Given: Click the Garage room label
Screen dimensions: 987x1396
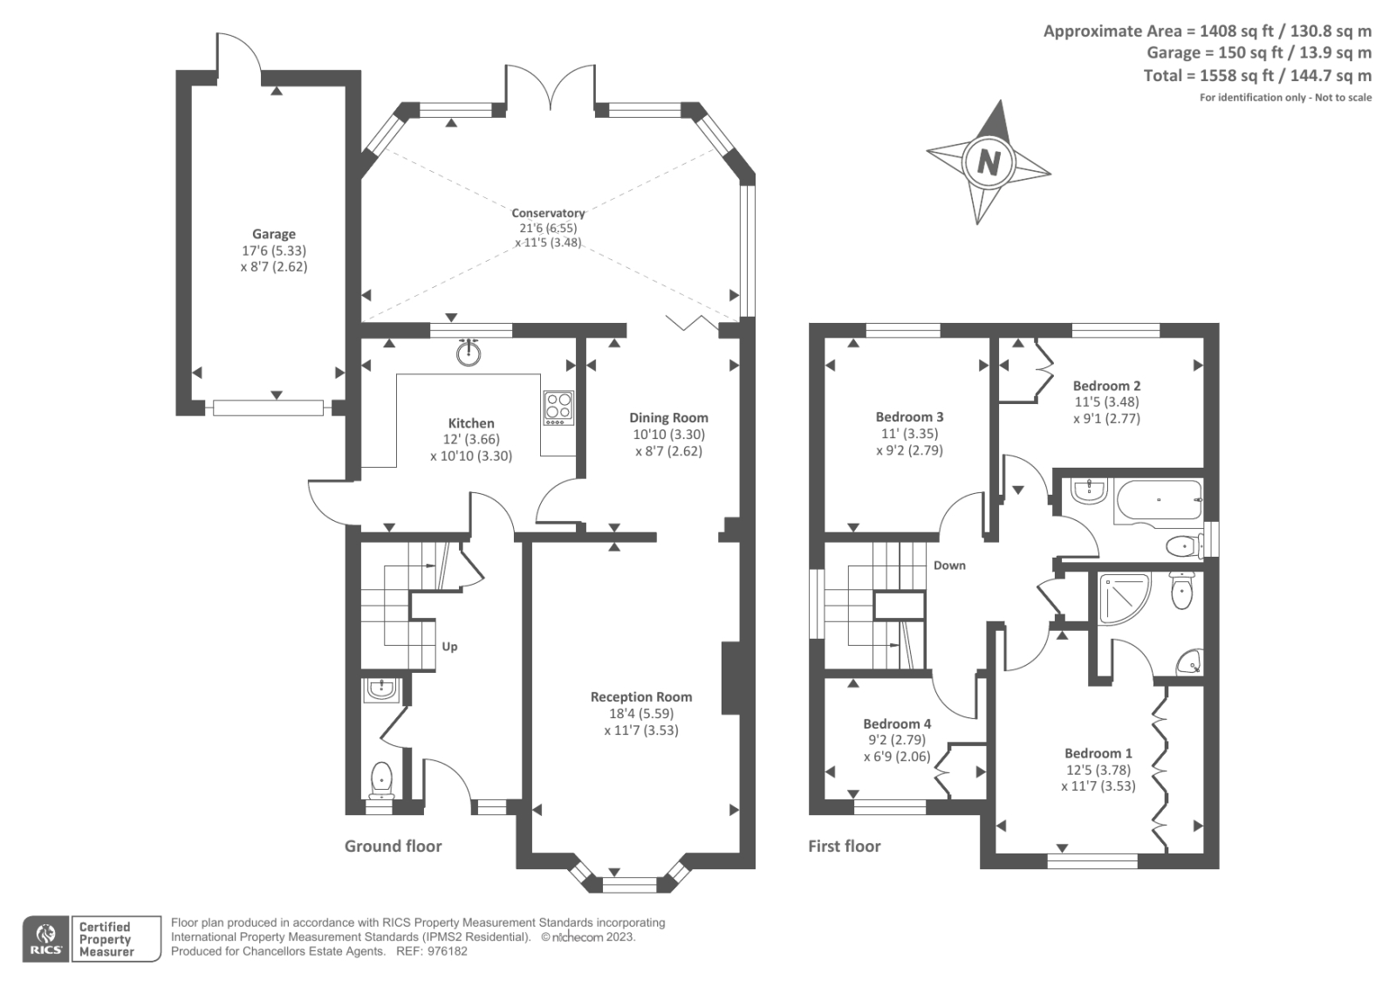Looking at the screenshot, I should pyautogui.click(x=274, y=234).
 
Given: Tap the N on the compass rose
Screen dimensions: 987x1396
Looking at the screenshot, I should pyautogui.click(x=988, y=162).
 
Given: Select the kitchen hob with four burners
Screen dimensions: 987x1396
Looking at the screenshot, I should pyautogui.click(x=558, y=407).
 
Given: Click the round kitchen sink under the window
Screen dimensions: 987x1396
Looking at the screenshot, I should pyautogui.click(x=469, y=352).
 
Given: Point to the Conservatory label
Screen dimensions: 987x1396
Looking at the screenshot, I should pyautogui.click(x=548, y=213).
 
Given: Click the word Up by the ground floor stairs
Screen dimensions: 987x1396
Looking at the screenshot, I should pyautogui.click(x=449, y=647).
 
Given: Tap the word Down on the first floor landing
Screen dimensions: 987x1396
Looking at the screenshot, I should pyautogui.click(x=949, y=565).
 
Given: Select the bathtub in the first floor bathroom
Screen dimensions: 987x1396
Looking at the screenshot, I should pyautogui.click(x=1158, y=501).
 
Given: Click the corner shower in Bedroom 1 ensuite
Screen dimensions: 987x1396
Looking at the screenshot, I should pyautogui.click(x=1122, y=598).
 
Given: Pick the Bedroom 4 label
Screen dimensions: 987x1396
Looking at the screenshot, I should pyautogui.click(x=897, y=723).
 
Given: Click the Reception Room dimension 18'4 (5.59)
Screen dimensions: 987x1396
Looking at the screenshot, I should pyautogui.click(x=640, y=713).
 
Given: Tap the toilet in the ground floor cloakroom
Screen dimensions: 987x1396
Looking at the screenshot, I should pyautogui.click(x=381, y=778).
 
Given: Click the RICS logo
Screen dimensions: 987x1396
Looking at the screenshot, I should pyautogui.click(x=45, y=939).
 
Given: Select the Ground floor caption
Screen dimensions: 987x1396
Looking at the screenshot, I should pyautogui.click(x=393, y=846).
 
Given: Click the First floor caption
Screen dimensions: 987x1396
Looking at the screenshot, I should pyautogui.click(x=844, y=846).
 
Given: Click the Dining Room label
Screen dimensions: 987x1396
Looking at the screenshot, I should pyautogui.click(x=668, y=418).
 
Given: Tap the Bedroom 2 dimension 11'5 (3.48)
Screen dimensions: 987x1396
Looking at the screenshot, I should pyautogui.click(x=1106, y=402).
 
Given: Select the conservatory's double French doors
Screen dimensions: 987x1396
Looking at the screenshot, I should pyautogui.click(x=551, y=87).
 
